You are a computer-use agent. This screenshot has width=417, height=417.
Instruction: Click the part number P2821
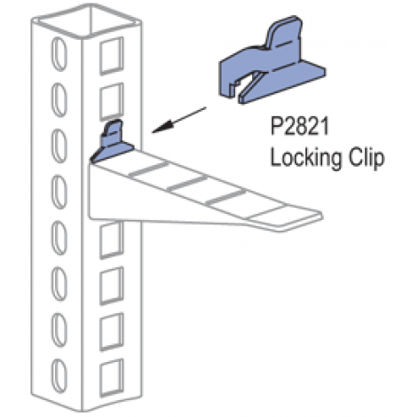pos(300,127)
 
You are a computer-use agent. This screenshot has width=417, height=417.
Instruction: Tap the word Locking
pos(306,159)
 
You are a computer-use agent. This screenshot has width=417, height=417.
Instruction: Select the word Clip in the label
pos(366,158)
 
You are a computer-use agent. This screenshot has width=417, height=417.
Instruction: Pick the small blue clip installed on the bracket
pos(112,141)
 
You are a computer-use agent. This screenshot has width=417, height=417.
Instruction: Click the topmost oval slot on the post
pos(59,54)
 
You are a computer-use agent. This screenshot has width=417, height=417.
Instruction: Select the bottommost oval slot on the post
pos(59,376)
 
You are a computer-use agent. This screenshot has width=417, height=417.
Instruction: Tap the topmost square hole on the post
pos(112,56)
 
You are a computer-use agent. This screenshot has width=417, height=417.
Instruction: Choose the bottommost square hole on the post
pos(112,378)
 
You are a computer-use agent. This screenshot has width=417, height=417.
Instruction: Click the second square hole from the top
pos(112,101)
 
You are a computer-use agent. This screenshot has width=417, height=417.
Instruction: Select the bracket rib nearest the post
pos(147,169)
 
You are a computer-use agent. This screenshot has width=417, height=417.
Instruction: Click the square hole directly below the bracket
pos(112,240)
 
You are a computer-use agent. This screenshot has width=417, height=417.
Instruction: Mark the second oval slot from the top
pos(59,100)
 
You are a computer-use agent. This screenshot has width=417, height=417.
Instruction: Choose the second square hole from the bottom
pos(112,332)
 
